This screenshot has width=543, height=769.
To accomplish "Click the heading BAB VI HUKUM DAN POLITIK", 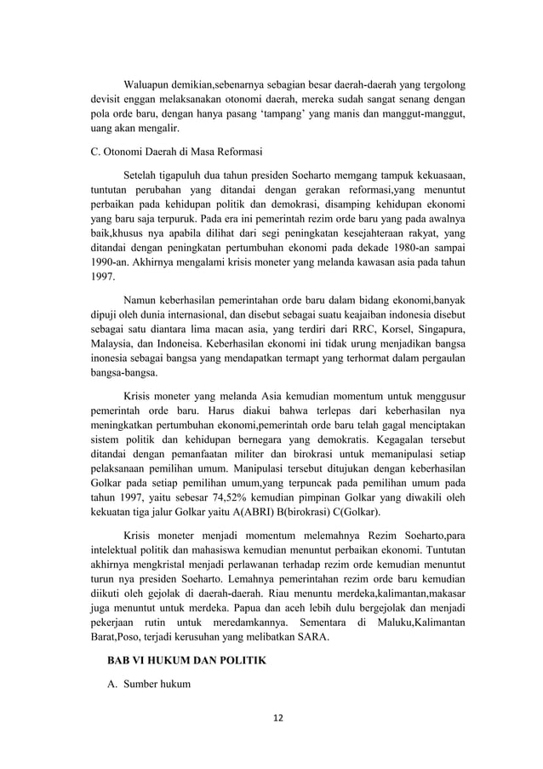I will tap(174, 661).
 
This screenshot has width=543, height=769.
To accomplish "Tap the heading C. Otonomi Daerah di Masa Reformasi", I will tap(175, 152).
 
